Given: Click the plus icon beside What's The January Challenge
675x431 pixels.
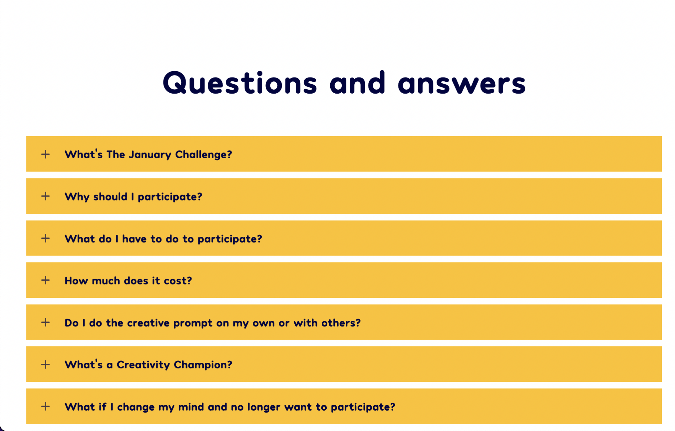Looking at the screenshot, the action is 45,154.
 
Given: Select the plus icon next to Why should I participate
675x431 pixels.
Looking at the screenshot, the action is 45,196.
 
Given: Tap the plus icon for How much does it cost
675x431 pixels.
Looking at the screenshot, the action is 45,280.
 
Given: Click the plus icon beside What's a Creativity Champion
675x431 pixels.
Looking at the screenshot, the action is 45,364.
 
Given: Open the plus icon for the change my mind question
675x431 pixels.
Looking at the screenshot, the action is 45,406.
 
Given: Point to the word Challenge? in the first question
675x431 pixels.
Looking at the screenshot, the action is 204,155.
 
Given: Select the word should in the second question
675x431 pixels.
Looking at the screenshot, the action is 110,197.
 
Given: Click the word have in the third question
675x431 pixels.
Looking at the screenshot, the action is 134,239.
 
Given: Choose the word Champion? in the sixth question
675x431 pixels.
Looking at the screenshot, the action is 203,365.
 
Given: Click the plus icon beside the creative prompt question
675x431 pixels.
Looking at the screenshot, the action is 45,322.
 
